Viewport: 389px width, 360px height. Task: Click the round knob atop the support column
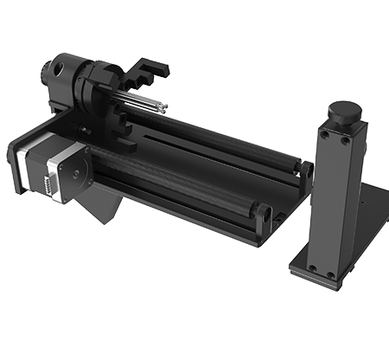(343, 111)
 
